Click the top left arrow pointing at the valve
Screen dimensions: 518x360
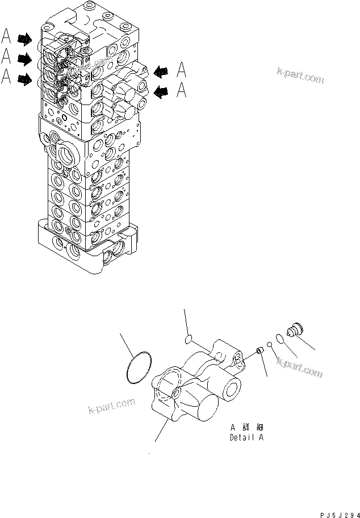[25, 39]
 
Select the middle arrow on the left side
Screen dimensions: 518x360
[25, 58]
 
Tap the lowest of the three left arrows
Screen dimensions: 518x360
[25, 80]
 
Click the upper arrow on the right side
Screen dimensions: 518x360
[161, 71]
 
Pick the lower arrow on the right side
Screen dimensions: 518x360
[161, 90]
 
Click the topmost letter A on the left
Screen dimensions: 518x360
[6, 37]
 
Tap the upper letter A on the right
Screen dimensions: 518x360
[181, 70]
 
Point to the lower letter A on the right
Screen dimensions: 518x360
[181, 90]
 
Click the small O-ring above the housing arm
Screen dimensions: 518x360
[189, 339]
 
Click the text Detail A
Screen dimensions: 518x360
[246, 437]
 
